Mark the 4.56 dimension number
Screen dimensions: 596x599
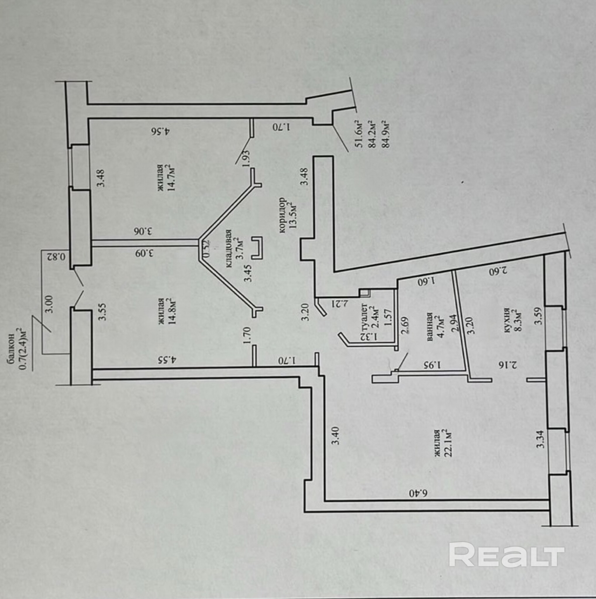coord(160,131)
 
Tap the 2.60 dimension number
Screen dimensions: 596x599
coord(498,272)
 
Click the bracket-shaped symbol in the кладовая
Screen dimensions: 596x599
coord(257,248)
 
